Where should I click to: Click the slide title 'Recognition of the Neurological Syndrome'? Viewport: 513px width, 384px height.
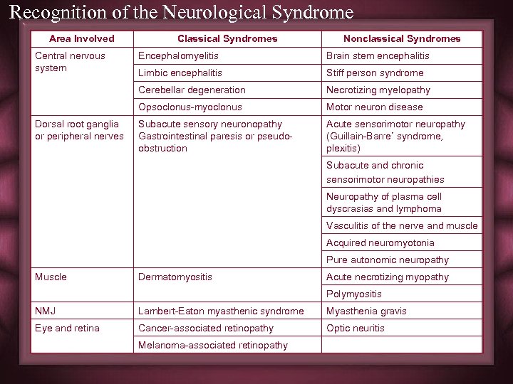(182, 12)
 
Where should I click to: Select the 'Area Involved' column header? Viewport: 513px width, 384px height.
(81, 38)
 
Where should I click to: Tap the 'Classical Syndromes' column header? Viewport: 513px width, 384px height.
(227, 38)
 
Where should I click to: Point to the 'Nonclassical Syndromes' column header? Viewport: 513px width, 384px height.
(402, 38)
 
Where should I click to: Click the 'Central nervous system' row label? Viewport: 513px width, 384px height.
(70, 62)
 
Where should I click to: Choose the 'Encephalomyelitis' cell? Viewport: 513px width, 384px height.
(178, 55)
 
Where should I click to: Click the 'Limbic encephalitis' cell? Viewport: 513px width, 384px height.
(180, 73)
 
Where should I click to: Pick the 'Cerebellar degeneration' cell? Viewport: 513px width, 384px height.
(192, 90)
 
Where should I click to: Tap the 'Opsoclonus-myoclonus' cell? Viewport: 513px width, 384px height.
(190, 107)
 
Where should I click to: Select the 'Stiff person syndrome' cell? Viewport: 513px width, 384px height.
(375, 73)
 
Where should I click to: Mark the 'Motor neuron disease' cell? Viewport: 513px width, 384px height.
(375, 107)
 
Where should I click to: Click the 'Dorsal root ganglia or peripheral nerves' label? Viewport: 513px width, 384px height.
(79, 130)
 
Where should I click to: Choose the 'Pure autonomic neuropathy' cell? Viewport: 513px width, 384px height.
(388, 260)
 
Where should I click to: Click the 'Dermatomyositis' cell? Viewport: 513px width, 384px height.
(175, 277)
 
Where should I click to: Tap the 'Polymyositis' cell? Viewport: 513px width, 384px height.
(354, 294)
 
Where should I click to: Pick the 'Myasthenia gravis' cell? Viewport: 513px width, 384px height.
(366, 311)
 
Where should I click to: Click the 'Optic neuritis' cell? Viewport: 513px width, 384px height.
(356, 328)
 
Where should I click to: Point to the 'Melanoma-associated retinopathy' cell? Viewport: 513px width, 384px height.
(213, 345)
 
